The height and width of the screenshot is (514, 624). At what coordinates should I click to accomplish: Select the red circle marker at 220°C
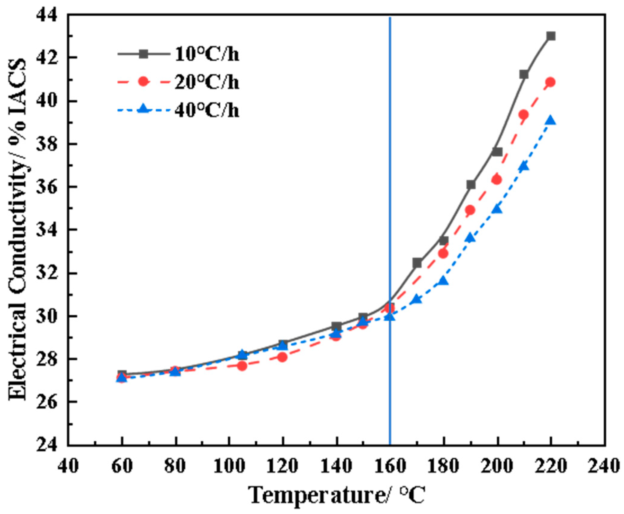(x=551, y=82)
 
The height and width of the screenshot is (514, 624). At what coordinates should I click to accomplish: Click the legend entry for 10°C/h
(x=207, y=55)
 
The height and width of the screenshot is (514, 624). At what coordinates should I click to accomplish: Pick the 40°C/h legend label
(x=207, y=110)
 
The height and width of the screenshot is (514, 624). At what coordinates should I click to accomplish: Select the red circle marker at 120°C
(x=282, y=357)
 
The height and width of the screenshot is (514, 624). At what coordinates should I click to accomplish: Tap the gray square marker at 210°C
(x=524, y=74)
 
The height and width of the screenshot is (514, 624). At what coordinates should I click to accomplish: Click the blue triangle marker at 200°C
(x=497, y=209)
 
